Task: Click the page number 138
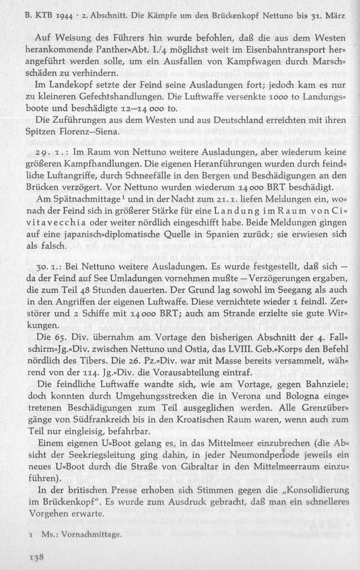click(36, 557)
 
